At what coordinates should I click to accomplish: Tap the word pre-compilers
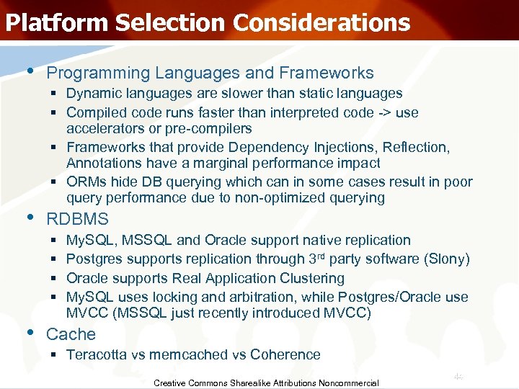point(208,128)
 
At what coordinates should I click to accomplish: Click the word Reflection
point(417,147)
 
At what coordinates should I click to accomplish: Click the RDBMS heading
point(77,219)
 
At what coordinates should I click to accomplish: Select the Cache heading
point(71,334)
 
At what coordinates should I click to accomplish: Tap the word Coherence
point(288,354)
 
